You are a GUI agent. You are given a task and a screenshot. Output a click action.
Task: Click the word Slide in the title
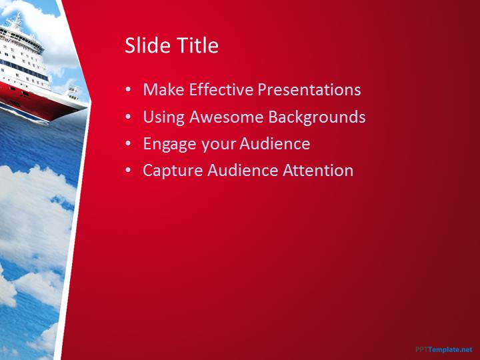pyautogui.click(x=148, y=45)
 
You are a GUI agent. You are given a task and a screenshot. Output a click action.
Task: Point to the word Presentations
pyautogui.click(x=309, y=90)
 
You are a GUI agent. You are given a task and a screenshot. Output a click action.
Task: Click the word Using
pyautogui.click(x=164, y=117)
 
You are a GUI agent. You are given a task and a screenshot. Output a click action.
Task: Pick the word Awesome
pyautogui.click(x=227, y=117)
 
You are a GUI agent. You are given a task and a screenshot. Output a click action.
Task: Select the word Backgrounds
pyautogui.click(x=317, y=117)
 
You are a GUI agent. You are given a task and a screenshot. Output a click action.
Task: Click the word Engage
pyautogui.click(x=169, y=144)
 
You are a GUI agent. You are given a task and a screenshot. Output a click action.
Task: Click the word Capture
pyautogui.click(x=173, y=171)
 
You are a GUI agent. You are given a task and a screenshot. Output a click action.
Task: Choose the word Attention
pyautogui.click(x=318, y=170)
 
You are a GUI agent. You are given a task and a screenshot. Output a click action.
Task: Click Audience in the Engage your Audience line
pyautogui.click(x=275, y=143)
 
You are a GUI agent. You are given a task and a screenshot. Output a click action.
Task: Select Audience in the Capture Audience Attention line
pyautogui.click(x=243, y=170)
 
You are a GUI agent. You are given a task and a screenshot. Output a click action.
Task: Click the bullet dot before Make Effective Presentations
pyautogui.click(x=128, y=90)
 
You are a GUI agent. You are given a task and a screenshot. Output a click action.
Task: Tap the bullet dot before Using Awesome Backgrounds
pyautogui.click(x=128, y=117)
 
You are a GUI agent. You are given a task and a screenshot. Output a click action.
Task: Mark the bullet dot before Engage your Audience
pyautogui.click(x=128, y=143)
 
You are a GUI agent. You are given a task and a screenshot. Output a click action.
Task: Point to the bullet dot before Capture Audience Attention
pyautogui.click(x=128, y=170)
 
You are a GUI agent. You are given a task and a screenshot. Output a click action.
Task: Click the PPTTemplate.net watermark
pyautogui.click(x=444, y=349)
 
